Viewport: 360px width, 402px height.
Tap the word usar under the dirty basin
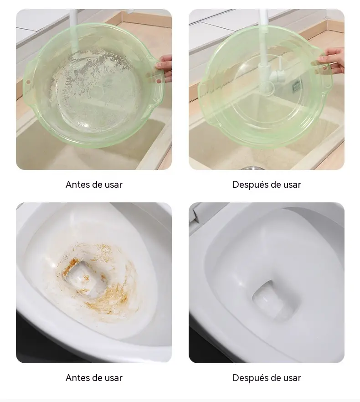[113, 185]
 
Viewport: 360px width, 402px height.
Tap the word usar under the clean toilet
[292, 378]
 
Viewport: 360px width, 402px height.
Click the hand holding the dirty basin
[165, 67]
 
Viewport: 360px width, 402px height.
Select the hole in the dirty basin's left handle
[28, 82]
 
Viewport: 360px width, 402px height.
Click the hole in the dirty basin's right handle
[159, 81]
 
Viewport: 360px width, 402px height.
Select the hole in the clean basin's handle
[324, 68]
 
